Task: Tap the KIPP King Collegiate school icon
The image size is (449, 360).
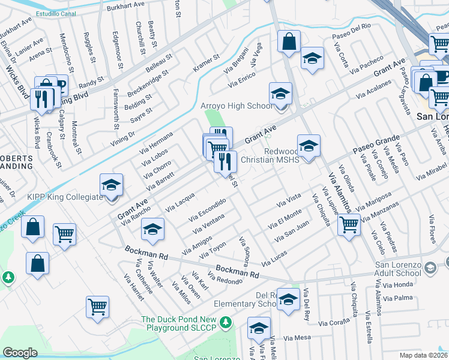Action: [x=111, y=185]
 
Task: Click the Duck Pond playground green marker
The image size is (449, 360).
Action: [x=226, y=323]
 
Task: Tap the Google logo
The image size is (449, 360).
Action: [x=20, y=353]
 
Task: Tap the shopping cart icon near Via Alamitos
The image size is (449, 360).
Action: [x=349, y=224]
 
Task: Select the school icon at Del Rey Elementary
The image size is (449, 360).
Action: [x=289, y=300]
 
